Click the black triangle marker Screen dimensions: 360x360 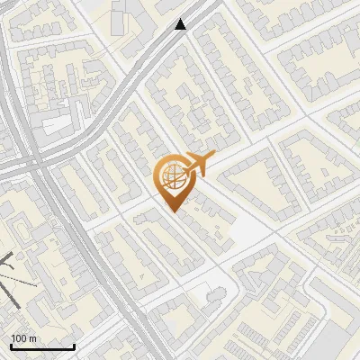pyautogui.click(x=181, y=24)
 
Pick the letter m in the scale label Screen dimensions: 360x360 pyautogui.click(x=34, y=338)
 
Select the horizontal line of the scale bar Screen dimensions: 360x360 pyautogui.click(x=42, y=347)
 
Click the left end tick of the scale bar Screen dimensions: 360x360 pyautogui.click(x=11, y=346)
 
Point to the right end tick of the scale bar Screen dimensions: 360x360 pyautogui.click(x=74, y=346)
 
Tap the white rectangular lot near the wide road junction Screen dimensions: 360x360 pyautogui.click(x=56, y=125)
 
